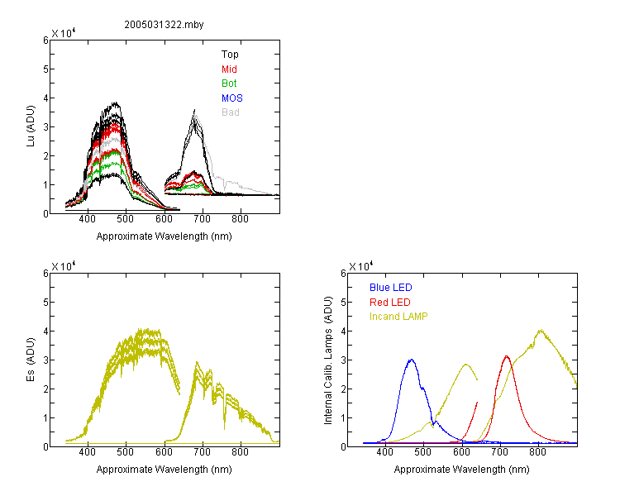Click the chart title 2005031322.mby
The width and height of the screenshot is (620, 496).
click(164, 25)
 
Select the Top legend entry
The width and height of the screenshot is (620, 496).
click(230, 55)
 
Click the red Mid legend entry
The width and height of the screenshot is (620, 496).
click(229, 69)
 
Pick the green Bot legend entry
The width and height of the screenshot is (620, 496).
click(229, 83)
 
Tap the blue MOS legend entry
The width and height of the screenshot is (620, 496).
click(232, 98)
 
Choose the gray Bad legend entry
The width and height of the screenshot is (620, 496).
click(231, 112)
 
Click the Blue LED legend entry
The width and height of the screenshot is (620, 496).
click(391, 288)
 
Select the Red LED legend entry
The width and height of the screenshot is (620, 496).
click(390, 303)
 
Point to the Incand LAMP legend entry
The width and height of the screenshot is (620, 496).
click(398, 317)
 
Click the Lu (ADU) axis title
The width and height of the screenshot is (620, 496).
click(31, 126)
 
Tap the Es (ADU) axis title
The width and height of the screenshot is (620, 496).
click(31, 360)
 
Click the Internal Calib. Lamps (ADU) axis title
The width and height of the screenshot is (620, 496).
click(328, 360)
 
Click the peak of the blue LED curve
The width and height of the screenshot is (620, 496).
click(412, 360)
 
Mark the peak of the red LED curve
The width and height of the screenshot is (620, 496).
click(507, 356)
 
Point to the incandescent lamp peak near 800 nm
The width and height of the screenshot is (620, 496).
click(541, 331)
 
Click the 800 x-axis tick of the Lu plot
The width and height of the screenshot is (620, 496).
click(240, 219)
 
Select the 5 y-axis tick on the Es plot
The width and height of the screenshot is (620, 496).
click(45, 303)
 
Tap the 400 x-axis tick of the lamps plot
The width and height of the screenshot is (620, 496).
click(384, 452)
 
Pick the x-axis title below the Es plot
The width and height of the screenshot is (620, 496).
click(165, 470)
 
